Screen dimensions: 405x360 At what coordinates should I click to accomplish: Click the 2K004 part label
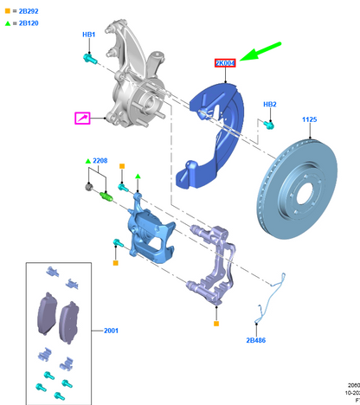225,64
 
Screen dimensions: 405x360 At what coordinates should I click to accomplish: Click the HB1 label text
88,35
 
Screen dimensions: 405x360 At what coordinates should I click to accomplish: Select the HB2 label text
270,104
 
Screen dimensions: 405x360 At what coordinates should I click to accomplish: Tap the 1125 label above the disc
311,119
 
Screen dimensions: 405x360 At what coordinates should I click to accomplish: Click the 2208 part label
100,162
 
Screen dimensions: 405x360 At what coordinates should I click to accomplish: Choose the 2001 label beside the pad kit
112,330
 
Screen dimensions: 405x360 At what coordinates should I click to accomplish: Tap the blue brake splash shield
212,130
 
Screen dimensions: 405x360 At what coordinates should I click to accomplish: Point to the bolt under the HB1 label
88,58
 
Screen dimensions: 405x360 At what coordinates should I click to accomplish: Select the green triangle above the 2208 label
87,162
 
